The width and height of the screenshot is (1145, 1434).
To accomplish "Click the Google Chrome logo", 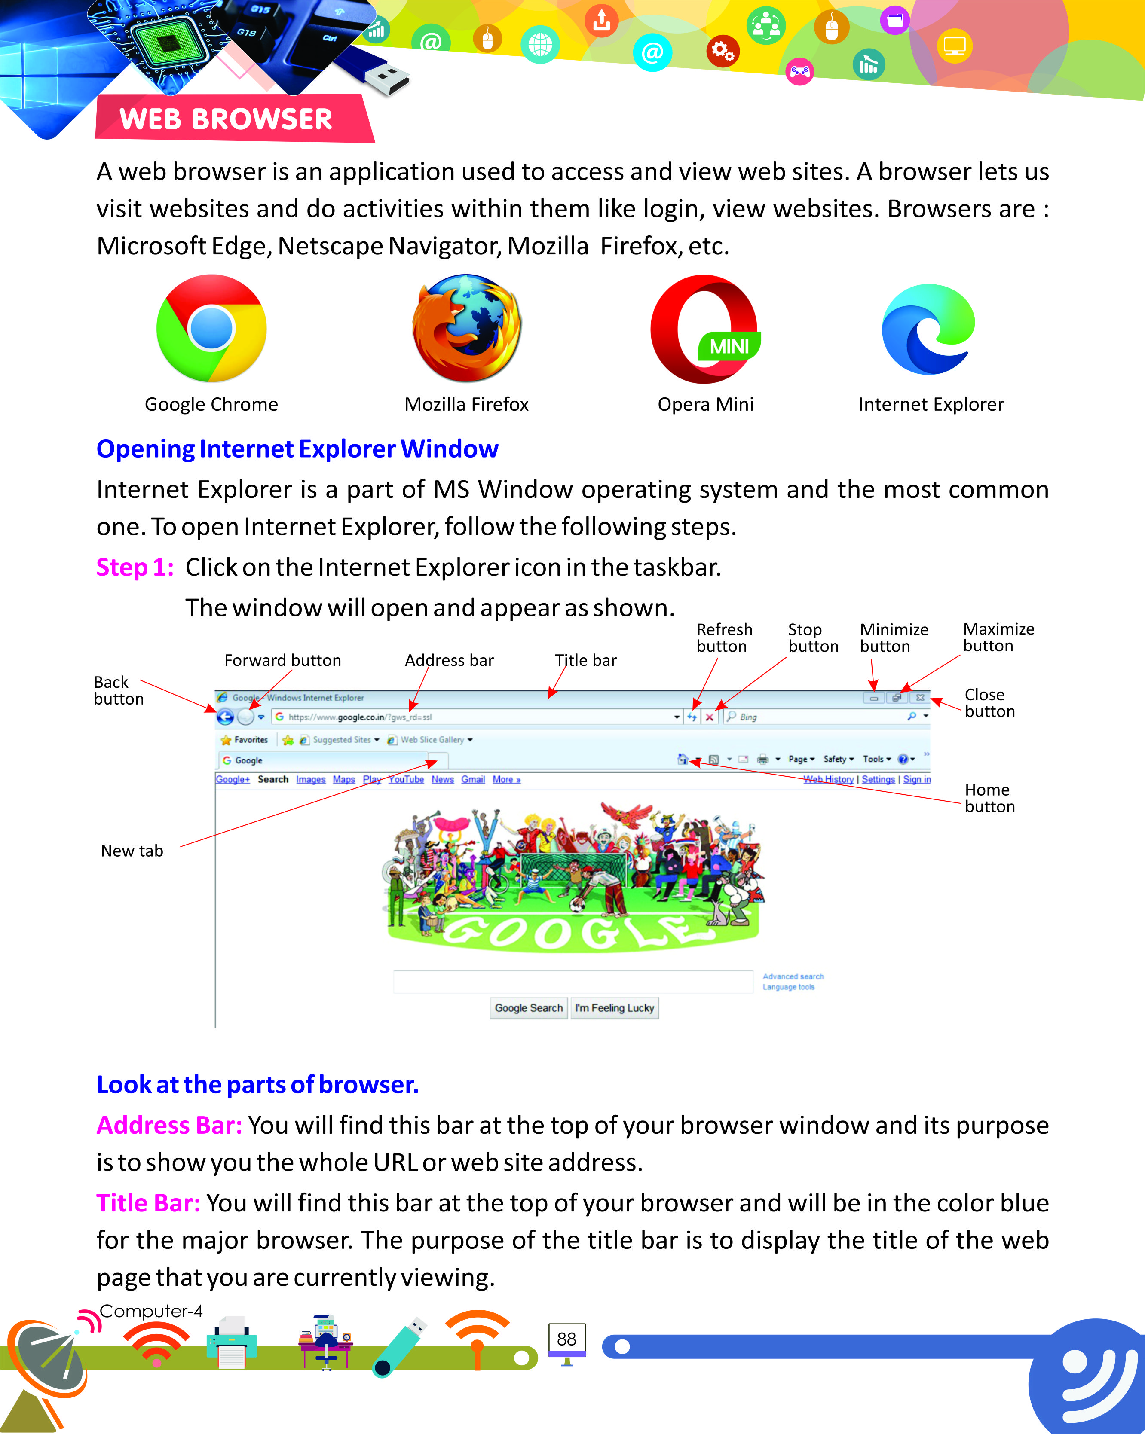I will (x=211, y=329).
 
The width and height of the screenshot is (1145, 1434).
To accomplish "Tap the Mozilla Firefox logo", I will (x=466, y=329).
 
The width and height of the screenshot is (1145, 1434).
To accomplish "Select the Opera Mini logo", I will (x=705, y=329).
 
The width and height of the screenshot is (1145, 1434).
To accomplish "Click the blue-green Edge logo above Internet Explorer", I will (x=929, y=329).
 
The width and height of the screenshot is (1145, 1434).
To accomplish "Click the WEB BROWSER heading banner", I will (x=226, y=119).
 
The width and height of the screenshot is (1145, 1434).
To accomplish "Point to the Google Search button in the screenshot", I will (x=528, y=1008).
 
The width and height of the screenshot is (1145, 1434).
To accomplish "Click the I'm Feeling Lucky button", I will (x=614, y=1008).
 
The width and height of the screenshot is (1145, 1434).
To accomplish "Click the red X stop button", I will (x=709, y=717).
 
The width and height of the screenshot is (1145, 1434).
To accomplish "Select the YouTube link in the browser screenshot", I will (x=406, y=780).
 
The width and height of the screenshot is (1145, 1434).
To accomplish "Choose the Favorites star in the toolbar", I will (x=226, y=740).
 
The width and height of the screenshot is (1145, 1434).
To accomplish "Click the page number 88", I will (x=566, y=1339).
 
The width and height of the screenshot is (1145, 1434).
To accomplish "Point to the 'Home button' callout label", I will (x=989, y=798).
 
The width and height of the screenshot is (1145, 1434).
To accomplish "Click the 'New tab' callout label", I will (x=132, y=851).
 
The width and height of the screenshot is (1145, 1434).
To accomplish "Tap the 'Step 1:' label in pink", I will (x=135, y=567).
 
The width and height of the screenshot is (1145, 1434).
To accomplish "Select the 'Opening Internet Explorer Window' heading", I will (x=297, y=449).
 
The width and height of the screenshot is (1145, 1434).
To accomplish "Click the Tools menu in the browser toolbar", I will (x=876, y=759).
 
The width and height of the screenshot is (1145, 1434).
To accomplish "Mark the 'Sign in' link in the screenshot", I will (x=916, y=780).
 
